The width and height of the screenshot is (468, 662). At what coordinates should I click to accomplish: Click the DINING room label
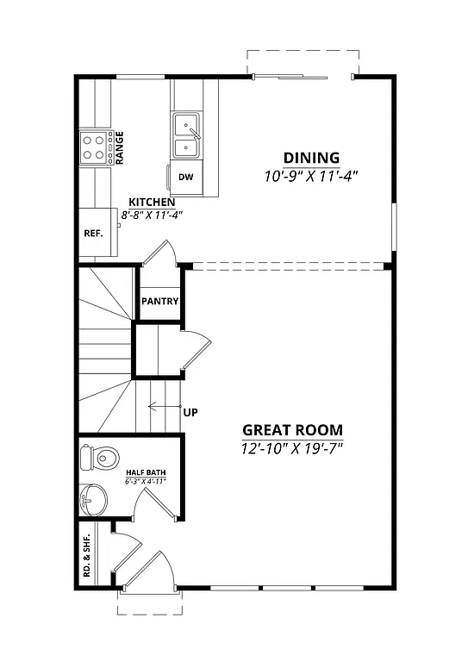click(x=311, y=158)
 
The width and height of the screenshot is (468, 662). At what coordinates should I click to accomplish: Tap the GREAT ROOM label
click(x=292, y=429)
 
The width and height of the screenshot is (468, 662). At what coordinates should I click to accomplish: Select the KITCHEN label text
click(x=153, y=202)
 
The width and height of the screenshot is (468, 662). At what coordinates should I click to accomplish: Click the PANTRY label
click(x=159, y=302)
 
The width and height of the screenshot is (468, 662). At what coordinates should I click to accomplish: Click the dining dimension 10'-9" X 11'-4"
click(x=311, y=175)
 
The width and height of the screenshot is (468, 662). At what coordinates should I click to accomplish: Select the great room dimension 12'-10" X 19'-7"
click(x=292, y=448)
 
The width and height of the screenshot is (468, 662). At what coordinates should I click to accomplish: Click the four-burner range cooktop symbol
click(x=96, y=147)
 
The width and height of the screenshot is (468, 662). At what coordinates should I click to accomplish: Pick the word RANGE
click(x=120, y=147)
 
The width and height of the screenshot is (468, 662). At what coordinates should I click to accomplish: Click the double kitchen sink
click(x=187, y=136)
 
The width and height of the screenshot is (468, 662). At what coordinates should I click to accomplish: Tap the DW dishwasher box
click(x=185, y=178)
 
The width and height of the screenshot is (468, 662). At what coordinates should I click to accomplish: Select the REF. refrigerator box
click(x=93, y=233)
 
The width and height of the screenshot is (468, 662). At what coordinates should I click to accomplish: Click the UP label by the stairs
click(x=190, y=412)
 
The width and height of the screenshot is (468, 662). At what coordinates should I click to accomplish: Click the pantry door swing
click(x=161, y=253)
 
